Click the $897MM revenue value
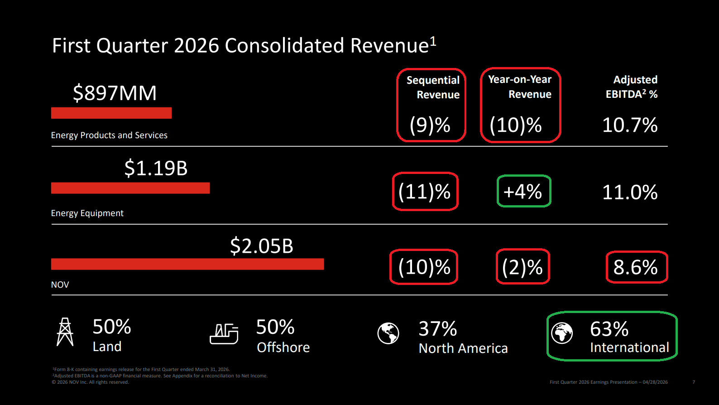(115, 93)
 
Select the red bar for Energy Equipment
(130, 188)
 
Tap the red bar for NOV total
(187, 264)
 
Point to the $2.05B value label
(261, 246)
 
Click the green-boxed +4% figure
(523, 192)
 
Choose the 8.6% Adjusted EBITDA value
(636, 267)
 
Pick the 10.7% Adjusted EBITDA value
(630, 125)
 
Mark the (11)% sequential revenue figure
(425, 192)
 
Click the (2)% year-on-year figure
(522, 267)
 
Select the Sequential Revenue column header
(433, 87)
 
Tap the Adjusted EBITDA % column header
(632, 87)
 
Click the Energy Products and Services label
(109, 135)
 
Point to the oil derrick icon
(65, 332)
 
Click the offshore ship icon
(224, 334)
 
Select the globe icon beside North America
(388, 333)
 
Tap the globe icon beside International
(562, 333)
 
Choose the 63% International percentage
(609, 329)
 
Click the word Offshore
(283, 347)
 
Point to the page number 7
(694, 382)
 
